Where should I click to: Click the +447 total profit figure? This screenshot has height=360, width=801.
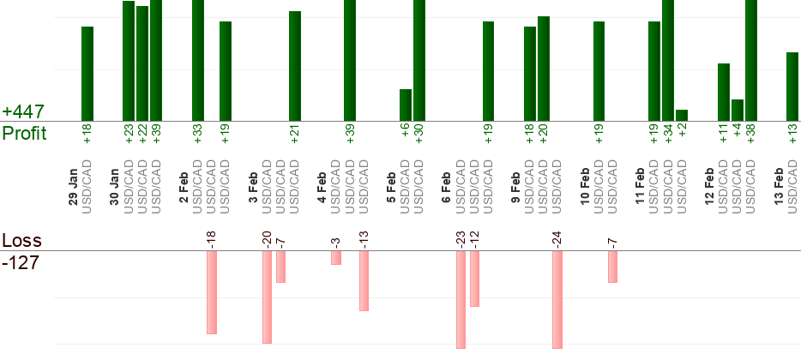(x=23, y=112)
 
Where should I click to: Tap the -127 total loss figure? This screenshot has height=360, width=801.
(x=21, y=262)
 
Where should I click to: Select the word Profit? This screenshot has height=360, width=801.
(x=25, y=134)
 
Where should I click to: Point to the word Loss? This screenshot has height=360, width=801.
(x=21, y=241)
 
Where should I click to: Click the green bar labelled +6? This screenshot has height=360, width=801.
(x=406, y=105)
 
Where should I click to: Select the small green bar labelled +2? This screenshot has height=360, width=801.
(x=682, y=115)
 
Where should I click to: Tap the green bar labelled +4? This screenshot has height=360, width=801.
(x=737, y=110)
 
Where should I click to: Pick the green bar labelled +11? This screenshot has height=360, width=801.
(x=723, y=92)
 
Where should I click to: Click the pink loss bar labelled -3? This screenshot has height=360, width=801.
(x=336, y=257)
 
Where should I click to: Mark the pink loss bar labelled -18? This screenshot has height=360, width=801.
(x=212, y=291)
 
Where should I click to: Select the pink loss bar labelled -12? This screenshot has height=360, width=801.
(x=474, y=278)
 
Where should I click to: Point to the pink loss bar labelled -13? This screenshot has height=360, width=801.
(x=364, y=280)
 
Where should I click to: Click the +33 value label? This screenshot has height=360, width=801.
(x=197, y=136)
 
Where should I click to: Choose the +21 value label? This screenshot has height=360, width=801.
(x=294, y=136)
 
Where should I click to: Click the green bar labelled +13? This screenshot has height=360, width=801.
(x=792, y=86)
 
